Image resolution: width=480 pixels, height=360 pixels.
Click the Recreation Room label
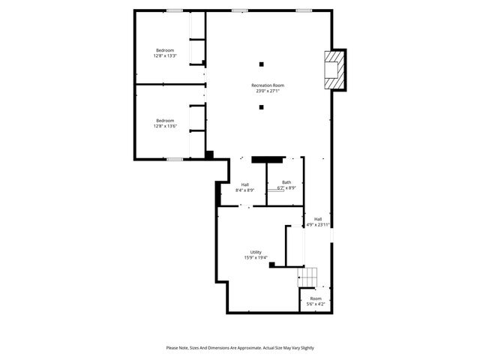[268, 85]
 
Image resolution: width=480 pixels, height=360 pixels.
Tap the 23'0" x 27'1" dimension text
[268, 91]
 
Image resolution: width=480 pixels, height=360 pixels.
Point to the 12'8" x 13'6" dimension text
[164, 126]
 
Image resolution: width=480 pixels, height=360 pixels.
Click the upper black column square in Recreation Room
[262, 63]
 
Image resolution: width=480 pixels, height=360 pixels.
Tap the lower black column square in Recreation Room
[262, 107]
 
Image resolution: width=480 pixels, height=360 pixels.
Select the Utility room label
[256, 252]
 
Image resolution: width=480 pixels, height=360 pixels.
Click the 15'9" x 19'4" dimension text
[256, 258]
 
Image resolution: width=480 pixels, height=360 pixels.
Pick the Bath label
[286, 182]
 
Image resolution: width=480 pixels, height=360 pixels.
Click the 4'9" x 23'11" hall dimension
[318, 224]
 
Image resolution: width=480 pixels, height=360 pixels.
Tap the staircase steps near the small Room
[310, 276]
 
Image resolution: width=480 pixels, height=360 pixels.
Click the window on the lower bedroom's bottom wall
[174, 159]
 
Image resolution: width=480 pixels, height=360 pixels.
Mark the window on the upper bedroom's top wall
[175, 10]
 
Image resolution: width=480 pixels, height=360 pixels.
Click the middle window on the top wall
[239, 10]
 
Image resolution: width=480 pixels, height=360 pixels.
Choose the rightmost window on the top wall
[304, 10]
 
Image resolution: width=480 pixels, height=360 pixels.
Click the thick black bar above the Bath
[268, 159]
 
